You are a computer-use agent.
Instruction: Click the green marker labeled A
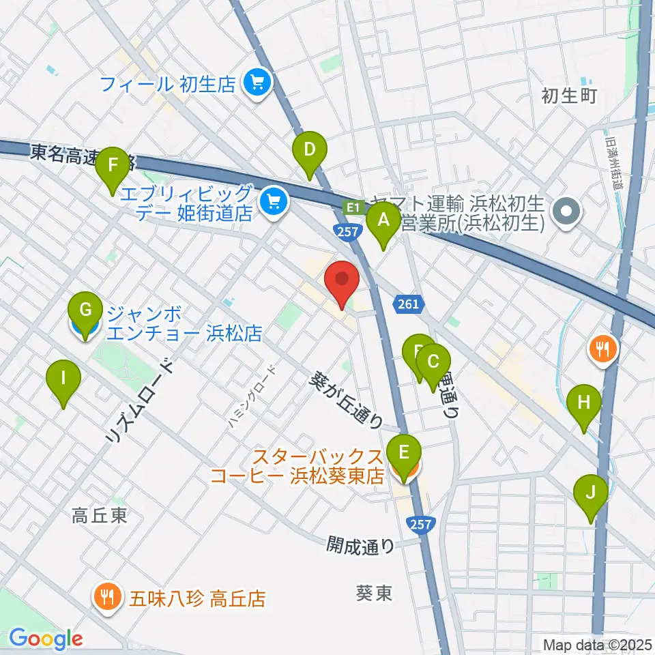[x=383, y=222]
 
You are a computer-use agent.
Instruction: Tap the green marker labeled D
[x=310, y=150]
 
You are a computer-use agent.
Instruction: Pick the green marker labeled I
[x=63, y=378]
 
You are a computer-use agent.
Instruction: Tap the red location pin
[x=341, y=280]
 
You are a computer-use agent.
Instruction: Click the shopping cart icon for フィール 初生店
[x=257, y=84]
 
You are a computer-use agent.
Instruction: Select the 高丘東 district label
[x=100, y=516]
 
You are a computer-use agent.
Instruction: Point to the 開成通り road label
[x=360, y=544]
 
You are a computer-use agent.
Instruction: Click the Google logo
[x=46, y=639]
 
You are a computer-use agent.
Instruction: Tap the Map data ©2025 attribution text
[x=596, y=644]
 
